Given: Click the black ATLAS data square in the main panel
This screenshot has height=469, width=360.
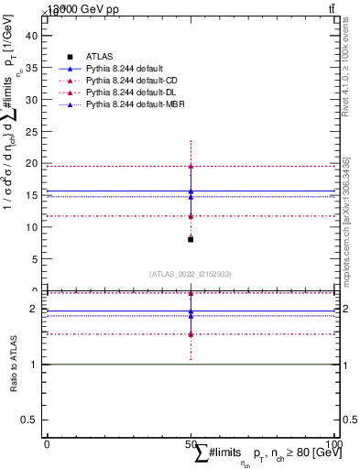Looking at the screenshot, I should (191, 239).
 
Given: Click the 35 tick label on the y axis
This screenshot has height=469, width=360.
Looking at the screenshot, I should (34, 68).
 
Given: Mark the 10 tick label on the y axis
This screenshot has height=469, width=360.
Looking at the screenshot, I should (34, 227).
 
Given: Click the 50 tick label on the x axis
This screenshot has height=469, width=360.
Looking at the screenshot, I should (191, 443).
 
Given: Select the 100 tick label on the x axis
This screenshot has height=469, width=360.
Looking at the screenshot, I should (333, 443).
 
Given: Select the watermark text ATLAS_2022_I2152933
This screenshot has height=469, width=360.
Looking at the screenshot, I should (191, 273).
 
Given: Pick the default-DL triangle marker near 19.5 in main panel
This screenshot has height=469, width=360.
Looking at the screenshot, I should (191, 166).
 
